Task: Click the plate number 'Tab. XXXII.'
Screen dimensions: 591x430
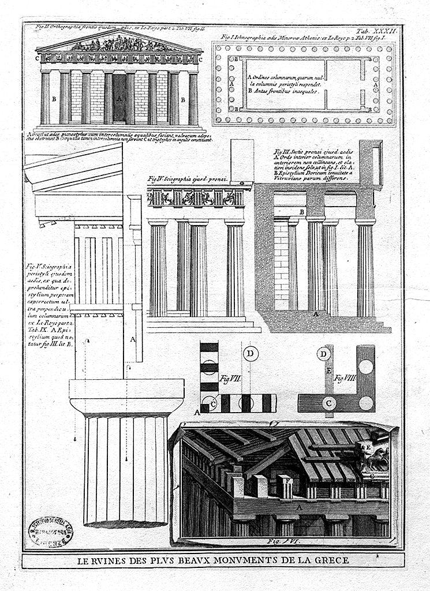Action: coord(377,31)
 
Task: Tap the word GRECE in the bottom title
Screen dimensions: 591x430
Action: coord(331,560)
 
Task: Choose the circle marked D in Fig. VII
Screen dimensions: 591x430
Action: coord(251,353)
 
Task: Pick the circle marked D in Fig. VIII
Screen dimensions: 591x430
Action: coord(326,353)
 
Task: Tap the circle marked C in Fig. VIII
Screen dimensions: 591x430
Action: coord(329,402)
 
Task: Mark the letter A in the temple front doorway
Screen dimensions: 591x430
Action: coord(119,99)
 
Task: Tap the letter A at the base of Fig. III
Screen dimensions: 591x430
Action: coord(315,313)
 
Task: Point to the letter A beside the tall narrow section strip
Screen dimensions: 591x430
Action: coord(132,340)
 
